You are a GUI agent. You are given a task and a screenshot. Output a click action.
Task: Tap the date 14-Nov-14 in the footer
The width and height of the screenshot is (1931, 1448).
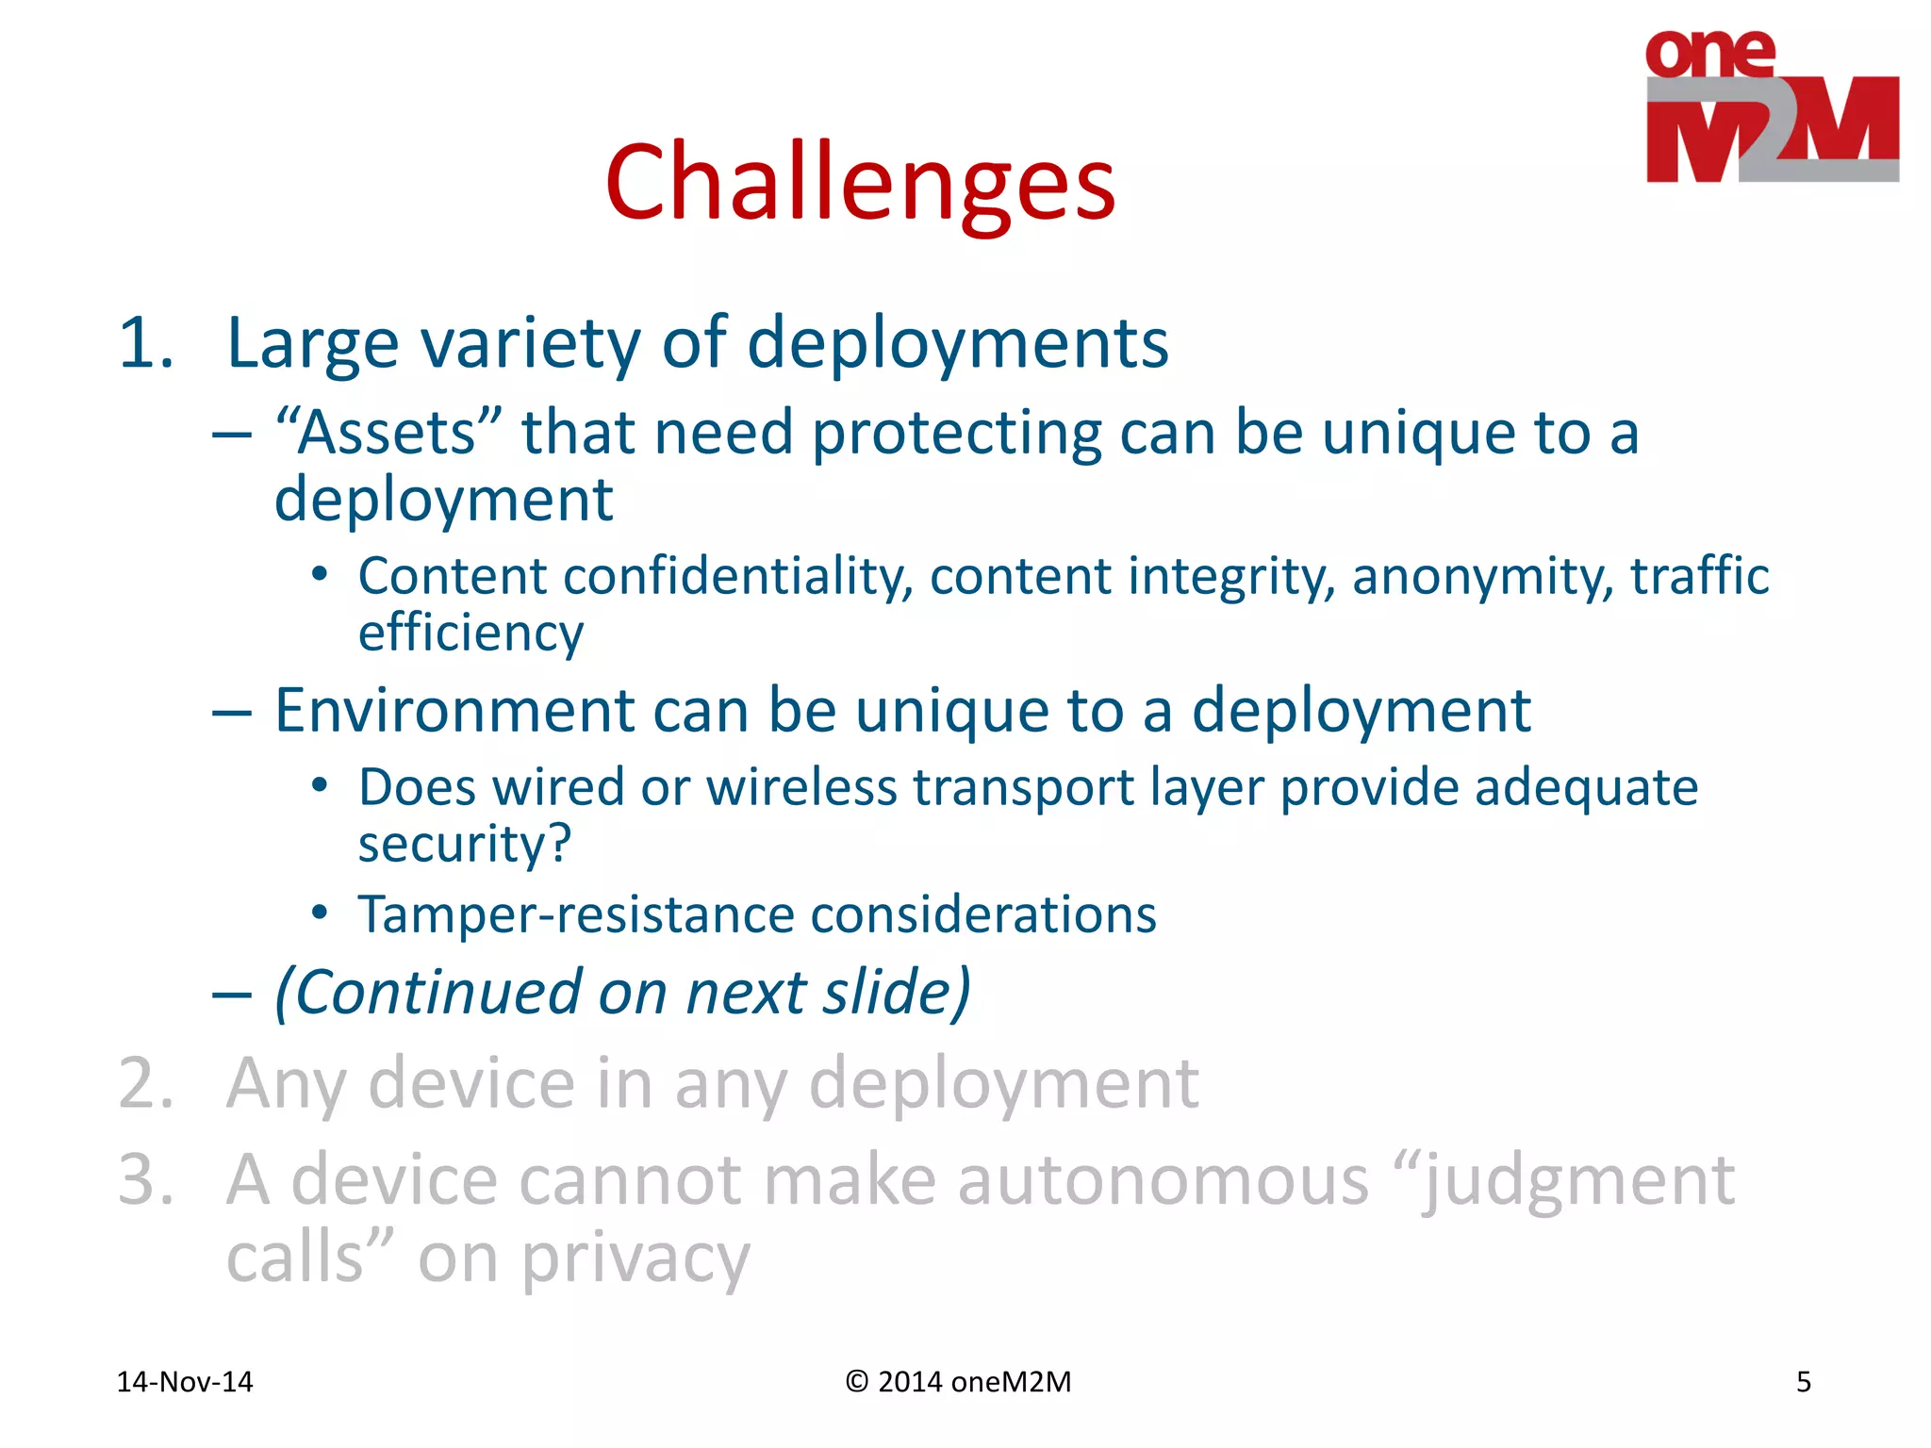tap(185, 1382)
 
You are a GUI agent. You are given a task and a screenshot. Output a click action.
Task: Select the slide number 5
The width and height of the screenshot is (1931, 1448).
tap(1803, 1382)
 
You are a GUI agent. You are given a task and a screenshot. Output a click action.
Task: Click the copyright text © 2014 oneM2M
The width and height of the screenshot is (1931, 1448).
tap(958, 1382)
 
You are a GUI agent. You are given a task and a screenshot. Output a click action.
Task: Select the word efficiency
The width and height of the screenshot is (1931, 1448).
tap(470, 633)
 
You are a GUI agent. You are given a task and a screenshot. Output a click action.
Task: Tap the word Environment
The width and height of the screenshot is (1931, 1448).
tap(454, 710)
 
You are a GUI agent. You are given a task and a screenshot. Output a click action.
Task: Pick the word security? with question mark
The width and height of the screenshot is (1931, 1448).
tap(465, 844)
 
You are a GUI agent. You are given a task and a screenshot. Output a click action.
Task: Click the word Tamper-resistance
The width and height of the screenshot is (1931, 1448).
tap(575, 915)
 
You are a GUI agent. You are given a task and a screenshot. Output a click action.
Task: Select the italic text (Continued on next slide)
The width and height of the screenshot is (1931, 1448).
tap(622, 993)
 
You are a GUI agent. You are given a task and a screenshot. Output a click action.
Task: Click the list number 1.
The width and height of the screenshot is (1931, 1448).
tap(145, 343)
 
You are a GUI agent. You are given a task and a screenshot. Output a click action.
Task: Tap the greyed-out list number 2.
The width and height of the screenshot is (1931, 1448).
tap(145, 1084)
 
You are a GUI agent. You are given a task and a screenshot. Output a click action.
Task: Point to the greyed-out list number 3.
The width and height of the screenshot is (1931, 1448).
tap(145, 1180)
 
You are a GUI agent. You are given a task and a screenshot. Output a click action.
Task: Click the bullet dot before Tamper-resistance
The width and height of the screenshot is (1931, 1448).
tap(320, 913)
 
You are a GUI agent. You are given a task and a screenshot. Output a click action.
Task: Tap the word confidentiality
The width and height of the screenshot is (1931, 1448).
tap(737, 577)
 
